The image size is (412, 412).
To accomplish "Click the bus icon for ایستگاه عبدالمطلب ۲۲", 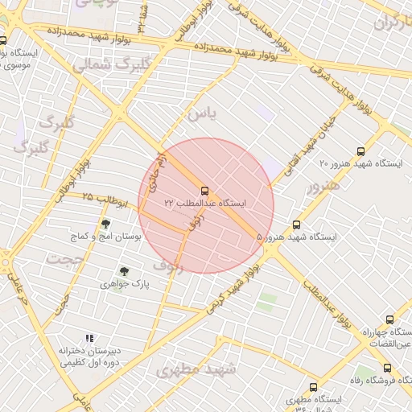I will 204,191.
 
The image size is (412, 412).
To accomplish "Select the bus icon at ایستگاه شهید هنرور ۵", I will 296,225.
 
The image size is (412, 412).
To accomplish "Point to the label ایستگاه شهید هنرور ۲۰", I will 360,163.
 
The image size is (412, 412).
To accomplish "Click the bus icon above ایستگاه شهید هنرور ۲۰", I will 360,150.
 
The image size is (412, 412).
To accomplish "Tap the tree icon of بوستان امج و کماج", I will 105,225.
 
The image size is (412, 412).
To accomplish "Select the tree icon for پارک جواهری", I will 124,272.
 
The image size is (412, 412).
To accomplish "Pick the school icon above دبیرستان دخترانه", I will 89,339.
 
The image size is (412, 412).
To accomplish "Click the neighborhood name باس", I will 201,114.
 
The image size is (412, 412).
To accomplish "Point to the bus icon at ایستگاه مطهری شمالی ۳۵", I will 313,388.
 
